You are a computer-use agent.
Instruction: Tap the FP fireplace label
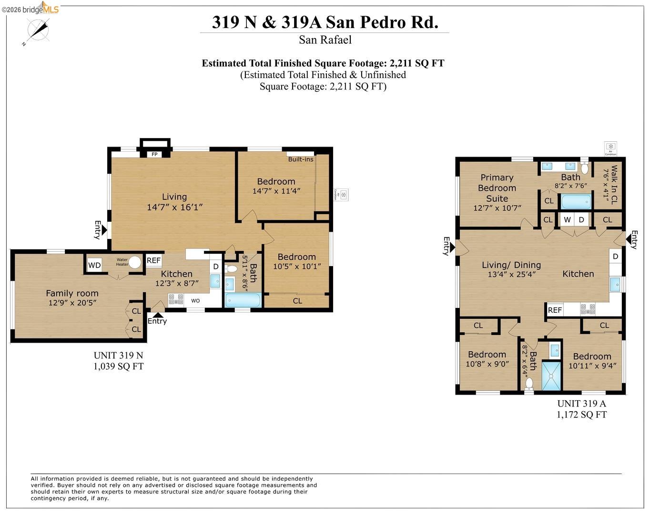click(x=154, y=154)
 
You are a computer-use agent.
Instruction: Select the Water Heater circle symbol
click(x=135, y=262)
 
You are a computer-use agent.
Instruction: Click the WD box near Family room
click(x=94, y=265)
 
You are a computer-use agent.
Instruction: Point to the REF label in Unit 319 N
click(x=153, y=260)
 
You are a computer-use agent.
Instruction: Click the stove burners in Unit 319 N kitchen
click(x=176, y=299)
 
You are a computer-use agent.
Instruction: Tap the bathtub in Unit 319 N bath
click(x=243, y=300)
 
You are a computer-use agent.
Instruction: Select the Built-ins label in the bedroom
click(x=301, y=159)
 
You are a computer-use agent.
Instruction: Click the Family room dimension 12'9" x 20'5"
click(x=72, y=303)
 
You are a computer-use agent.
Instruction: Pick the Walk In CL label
click(x=613, y=185)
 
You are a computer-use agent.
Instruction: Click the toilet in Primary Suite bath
click(x=585, y=168)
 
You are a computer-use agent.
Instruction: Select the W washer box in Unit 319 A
click(x=567, y=219)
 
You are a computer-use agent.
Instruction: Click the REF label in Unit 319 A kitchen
click(x=555, y=310)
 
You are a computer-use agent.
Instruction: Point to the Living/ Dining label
click(x=511, y=265)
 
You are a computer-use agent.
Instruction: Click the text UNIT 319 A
click(x=581, y=404)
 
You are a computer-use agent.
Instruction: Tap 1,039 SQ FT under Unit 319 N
click(x=118, y=366)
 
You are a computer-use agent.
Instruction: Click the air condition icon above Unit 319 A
click(x=610, y=148)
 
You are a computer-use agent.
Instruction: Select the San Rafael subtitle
click(x=325, y=40)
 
